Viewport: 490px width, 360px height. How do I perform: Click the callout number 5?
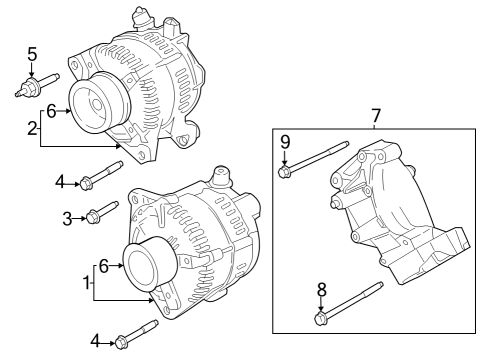click(32, 54)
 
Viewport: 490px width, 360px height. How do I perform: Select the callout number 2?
click(32, 128)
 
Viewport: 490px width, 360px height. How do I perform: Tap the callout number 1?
click(85, 283)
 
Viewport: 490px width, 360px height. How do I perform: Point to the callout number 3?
click(68, 217)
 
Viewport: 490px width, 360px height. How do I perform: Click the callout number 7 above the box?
click(376, 117)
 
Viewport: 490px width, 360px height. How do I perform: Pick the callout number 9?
click(285, 141)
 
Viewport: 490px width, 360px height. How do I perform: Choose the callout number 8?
click(321, 289)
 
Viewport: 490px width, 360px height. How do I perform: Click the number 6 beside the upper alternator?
click(51, 111)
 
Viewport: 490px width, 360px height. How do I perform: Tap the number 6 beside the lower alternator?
click(103, 265)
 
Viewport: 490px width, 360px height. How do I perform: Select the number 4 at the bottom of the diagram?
click(95, 341)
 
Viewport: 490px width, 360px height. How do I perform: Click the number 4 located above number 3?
click(60, 182)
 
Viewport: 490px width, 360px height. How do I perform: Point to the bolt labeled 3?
click(101, 212)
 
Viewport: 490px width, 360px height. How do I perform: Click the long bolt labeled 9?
click(315, 158)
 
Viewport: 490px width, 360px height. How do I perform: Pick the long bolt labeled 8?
click(350, 303)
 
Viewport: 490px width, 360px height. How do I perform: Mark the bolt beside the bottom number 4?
click(134, 335)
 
